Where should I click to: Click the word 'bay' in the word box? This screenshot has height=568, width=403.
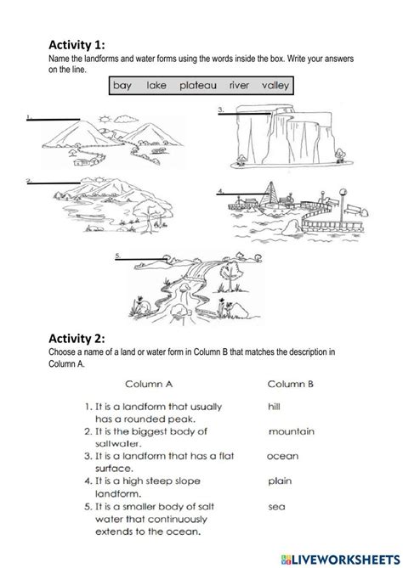(x=122, y=86)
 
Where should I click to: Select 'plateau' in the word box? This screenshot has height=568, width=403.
(x=198, y=86)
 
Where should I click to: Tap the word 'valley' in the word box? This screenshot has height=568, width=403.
(x=275, y=86)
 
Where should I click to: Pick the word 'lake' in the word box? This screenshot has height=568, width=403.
(x=156, y=86)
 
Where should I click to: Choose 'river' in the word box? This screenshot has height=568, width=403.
(x=239, y=86)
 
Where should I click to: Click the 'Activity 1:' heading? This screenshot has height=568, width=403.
(x=77, y=45)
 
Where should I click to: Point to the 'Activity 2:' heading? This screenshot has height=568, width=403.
(x=77, y=338)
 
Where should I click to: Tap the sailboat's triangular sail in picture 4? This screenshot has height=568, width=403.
(x=270, y=194)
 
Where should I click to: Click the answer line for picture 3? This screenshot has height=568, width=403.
(x=244, y=114)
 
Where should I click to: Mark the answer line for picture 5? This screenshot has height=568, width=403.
(x=141, y=259)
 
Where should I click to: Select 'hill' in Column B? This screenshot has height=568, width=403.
(x=275, y=407)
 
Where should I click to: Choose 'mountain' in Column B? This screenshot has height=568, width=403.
(x=292, y=431)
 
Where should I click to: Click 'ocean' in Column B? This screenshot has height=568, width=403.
(x=282, y=456)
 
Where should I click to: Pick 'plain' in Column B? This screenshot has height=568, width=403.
(x=280, y=481)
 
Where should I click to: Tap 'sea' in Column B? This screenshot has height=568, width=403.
(x=276, y=506)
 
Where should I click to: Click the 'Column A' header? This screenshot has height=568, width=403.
(x=149, y=384)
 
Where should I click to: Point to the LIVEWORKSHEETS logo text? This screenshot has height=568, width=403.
(x=341, y=560)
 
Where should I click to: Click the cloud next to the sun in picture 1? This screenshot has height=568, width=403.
(x=126, y=119)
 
